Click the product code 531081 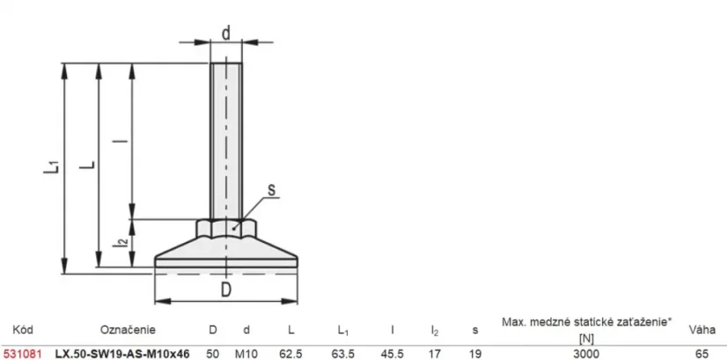coord(22,354)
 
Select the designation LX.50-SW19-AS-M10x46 coord(122,354)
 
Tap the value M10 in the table coord(246,354)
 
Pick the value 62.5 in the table coord(290,354)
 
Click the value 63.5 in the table coord(343,354)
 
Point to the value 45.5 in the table coord(393,354)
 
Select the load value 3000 coord(586,354)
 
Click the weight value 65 coord(702,354)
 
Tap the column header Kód coord(22,329)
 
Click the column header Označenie coord(128,330)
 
